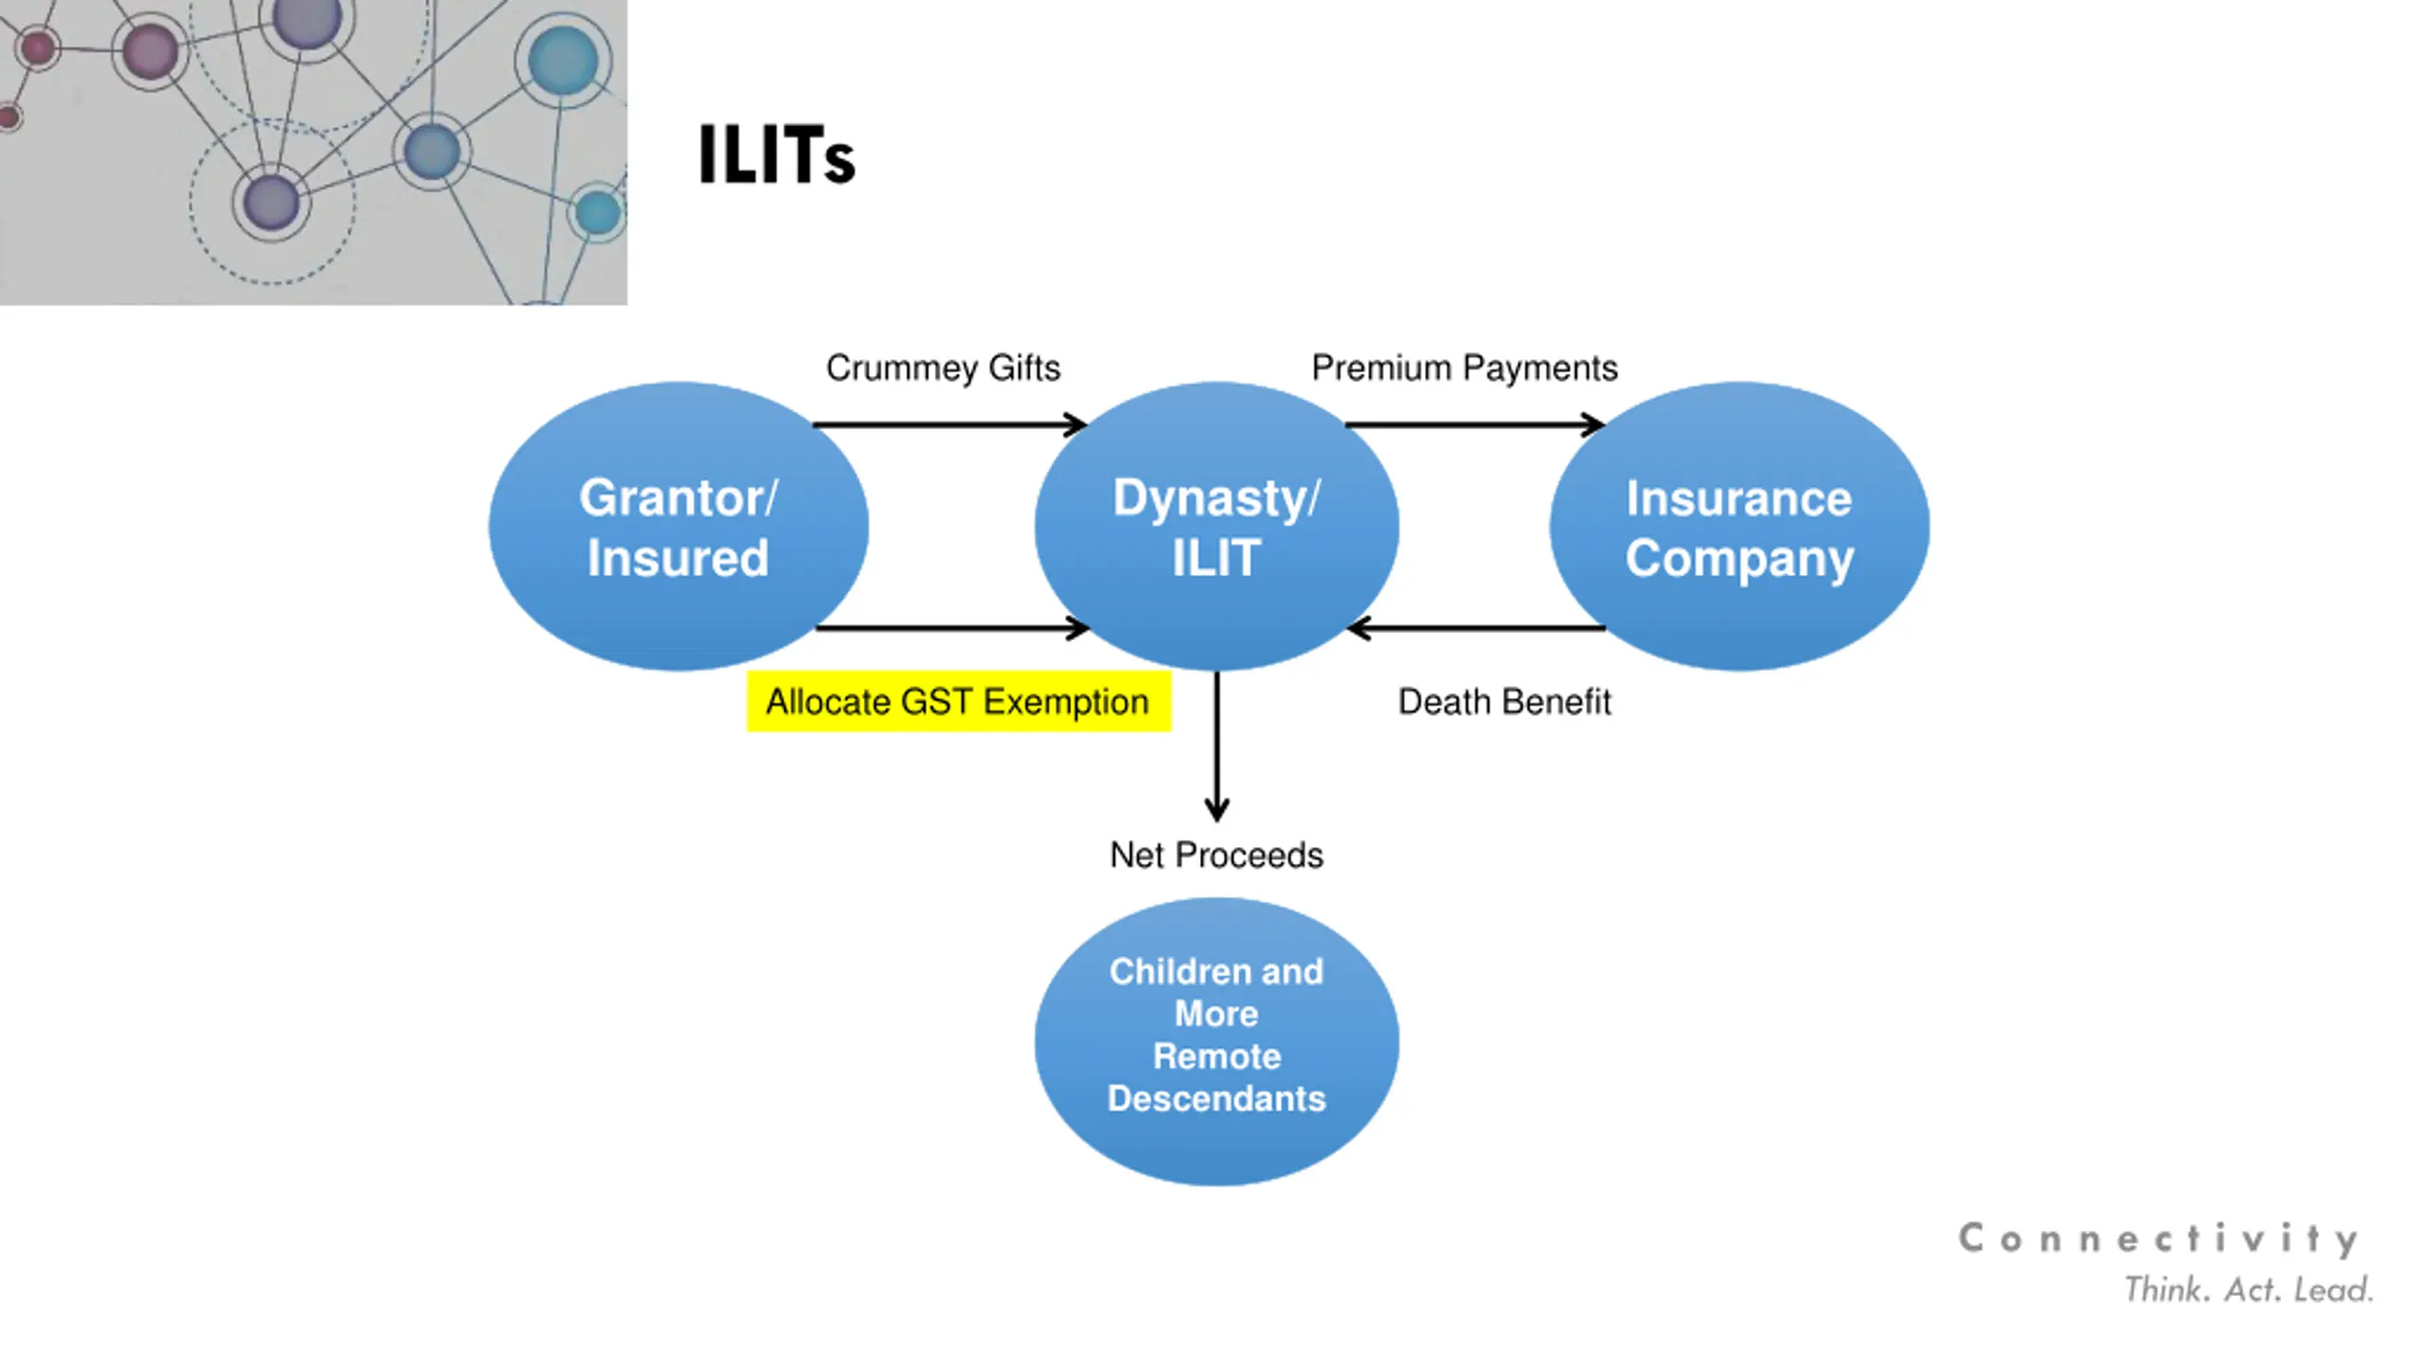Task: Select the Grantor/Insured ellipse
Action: coord(678,527)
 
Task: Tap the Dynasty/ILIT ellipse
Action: coord(1216,527)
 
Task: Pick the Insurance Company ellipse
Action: coord(1739,527)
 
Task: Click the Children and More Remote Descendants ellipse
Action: coord(1216,1042)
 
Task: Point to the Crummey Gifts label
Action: coord(943,368)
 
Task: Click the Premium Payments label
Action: coord(1464,368)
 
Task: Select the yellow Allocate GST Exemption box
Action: coord(959,702)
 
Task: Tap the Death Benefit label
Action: coord(1504,702)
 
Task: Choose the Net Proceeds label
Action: coord(1216,855)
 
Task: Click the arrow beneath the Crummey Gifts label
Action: coord(947,424)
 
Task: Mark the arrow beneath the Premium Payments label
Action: coord(1474,424)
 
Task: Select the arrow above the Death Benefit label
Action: coord(1478,628)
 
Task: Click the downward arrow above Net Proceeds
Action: coord(1217,748)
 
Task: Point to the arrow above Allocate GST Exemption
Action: coord(951,628)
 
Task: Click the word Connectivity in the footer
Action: coord(2158,1239)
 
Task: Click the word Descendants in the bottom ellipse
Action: coord(1216,1099)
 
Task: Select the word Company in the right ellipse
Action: coord(1739,558)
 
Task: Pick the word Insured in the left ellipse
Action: coord(678,558)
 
